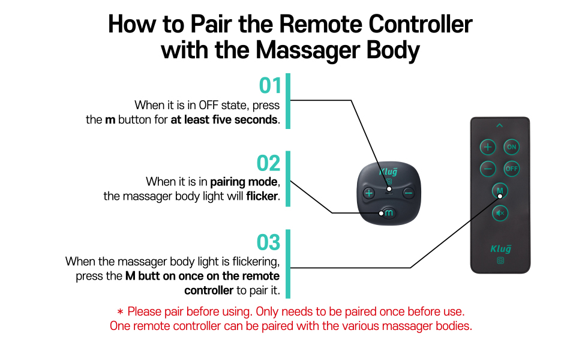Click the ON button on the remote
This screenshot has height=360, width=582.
tap(511, 147)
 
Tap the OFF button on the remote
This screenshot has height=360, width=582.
tap(511, 169)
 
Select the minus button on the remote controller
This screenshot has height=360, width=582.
tap(488, 169)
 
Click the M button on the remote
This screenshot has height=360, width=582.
tap(500, 191)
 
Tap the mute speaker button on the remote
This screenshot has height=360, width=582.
tap(500, 212)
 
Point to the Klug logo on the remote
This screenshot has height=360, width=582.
tap(500, 248)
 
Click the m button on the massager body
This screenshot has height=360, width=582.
tap(388, 212)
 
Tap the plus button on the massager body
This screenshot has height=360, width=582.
tap(368, 193)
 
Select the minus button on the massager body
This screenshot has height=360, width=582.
tap(408, 193)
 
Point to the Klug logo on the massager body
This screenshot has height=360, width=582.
tap(388, 171)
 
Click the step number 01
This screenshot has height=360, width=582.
tap(270, 86)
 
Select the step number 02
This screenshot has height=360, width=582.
tap(269, 163)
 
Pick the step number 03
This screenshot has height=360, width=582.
tap(269, 242)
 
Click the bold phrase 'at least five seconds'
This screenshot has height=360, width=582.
tap(224, 119)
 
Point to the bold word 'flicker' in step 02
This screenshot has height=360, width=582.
tap(262, 196)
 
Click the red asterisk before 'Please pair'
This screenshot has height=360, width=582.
tap(120, 312)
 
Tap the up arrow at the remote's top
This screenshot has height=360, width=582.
tap(500, 125)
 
